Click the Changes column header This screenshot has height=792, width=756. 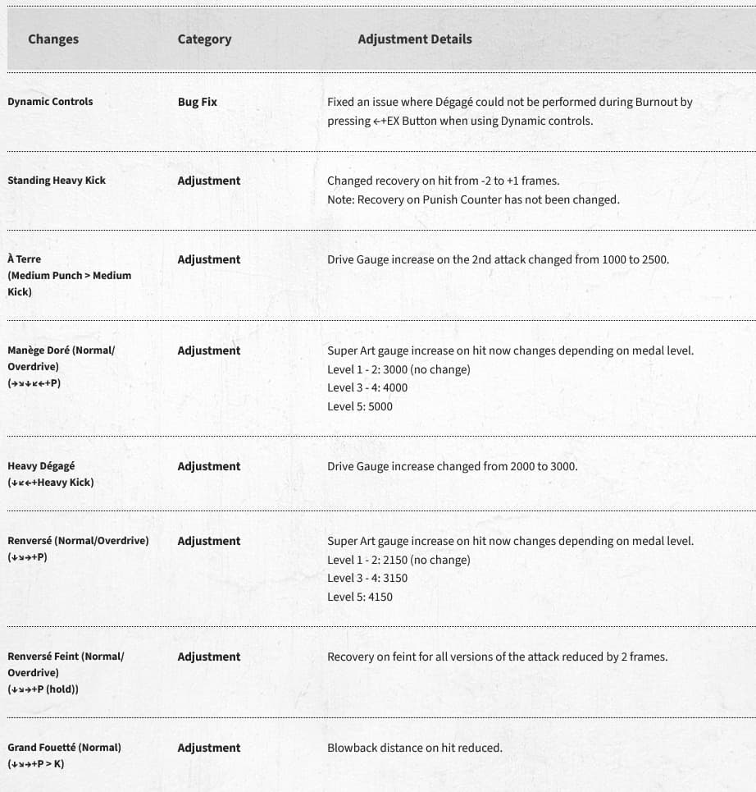pyautogui.click(x=53, y=39)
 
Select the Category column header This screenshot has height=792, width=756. pyautogui.click(x=204, y=39)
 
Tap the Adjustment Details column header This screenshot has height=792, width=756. pyautogui.click(x=414, y=39)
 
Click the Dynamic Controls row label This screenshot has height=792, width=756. pyautogui.click(x=50, y=102)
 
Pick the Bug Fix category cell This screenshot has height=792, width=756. pyautogui.click(x=197, y=103)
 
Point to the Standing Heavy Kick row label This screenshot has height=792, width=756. pyautogui.click(x=57, y=181)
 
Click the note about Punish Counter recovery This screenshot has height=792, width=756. pyautogui.click(x=473, y=199)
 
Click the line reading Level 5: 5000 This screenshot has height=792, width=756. pyautogui.click(x=359, y=406)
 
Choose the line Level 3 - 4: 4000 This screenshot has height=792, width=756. pyautogui.click(x=367, y=387)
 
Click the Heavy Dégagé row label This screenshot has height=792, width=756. pyautogui.click(x=41, y=466)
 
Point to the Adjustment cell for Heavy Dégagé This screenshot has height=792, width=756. pyautogui.click(x=208, y=466)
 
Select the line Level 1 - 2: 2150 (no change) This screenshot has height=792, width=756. pyautogui.click(x=398, y=560)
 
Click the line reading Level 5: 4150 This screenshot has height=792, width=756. pyautogui.click(x=359, y=597)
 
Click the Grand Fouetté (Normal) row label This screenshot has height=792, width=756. pyautogui.click(x=64, y=748)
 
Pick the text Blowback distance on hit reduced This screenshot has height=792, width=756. pyautogui.click(x=414, y=748)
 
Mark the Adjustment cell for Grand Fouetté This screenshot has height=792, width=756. pyautogui.click(x=208, y=748)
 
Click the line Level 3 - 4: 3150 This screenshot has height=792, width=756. pyautogui.click(x=367, y=578)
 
